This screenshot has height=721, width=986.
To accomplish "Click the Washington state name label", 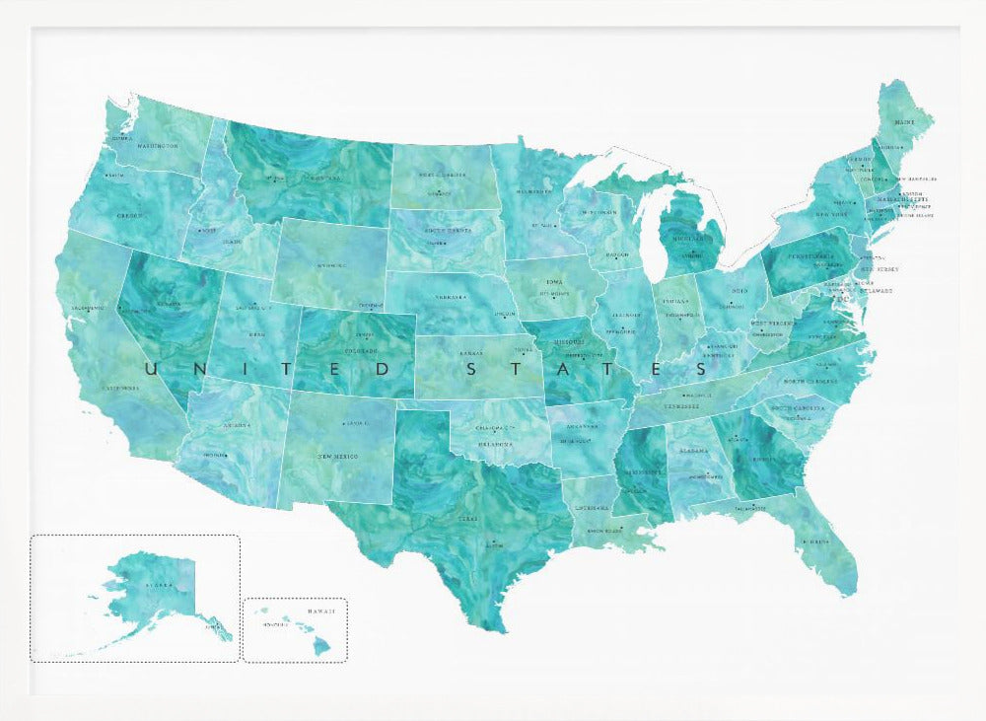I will click(x=158, y=145).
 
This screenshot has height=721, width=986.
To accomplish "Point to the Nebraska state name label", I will click(x=451, y=295).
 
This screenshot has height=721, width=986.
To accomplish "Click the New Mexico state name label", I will click(x=337, y=457).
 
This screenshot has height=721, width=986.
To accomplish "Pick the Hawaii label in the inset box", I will click(x=320, y=612).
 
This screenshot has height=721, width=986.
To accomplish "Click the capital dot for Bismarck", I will click(x=431, y=187).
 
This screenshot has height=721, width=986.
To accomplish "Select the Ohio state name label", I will click(x=741, y=291).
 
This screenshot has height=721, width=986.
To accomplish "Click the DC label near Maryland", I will click(x=844, y=299).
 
